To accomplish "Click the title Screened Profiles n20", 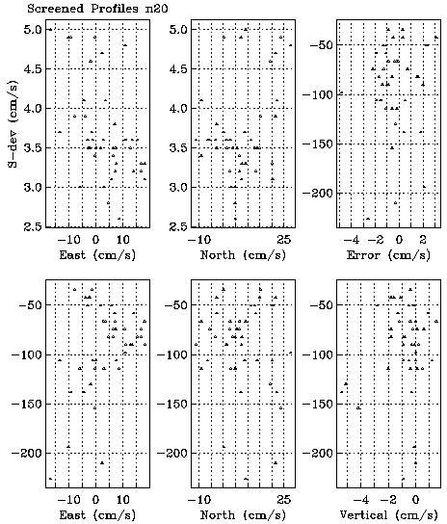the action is tap(97, 8).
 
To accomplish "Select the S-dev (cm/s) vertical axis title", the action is tap(13, 123).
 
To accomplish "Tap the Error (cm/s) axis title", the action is tap(388, 255).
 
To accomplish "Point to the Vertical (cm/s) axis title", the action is tap(388, 515).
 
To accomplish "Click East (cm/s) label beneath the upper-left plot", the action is tap(97, 255).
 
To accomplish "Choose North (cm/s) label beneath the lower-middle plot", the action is tap(243, 515).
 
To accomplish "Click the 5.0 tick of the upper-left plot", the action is tap(33, 30).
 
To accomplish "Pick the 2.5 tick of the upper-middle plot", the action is tap(179, 226).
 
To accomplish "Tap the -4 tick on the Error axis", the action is tap(352, 239).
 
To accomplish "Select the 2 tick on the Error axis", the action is tap(423, 239).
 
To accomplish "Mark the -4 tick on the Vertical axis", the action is tap(360, 499).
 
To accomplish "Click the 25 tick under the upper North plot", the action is tap(283, 239).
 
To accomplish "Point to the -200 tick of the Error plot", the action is tap(318, 193).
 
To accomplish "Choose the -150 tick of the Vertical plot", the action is tap(318, 404).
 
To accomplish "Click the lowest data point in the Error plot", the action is tap(368, 219).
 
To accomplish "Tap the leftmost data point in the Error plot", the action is tap(341, 92).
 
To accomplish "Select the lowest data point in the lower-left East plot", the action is tap(50, 479).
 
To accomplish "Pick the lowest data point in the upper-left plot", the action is tap(119, 219).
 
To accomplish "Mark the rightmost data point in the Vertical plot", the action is tap(436, 321).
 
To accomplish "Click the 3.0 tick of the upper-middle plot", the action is tap(179, 187).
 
